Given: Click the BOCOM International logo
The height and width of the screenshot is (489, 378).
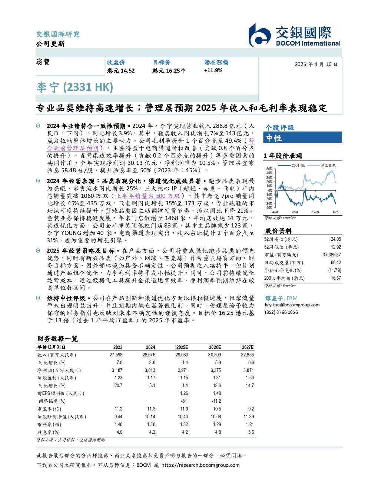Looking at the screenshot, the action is point(294,36).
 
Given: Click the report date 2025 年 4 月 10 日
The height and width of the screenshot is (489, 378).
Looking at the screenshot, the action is point(316,64).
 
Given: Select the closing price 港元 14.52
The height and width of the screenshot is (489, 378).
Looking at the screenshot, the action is point(121,71).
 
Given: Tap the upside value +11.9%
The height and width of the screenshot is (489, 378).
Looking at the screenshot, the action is point(213,71).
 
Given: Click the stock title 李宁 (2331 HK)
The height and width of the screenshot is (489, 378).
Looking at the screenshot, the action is point(75,87).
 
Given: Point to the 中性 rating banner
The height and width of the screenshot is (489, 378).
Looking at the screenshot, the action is point(302,138).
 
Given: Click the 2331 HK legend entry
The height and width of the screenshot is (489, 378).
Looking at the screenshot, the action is point(292,165).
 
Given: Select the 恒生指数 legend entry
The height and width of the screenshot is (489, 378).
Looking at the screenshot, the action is point(322,165).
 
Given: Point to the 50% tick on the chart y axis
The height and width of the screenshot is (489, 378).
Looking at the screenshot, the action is point(269,169).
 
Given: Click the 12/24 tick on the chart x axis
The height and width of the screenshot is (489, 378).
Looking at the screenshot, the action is point(315,212).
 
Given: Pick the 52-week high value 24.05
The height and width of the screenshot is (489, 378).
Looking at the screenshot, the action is point(336,239).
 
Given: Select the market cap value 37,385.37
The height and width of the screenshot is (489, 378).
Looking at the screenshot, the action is point(332,255).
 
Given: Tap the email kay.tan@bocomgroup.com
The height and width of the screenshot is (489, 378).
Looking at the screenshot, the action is point(292,305).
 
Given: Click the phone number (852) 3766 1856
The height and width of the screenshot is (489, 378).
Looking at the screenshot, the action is point(281,312).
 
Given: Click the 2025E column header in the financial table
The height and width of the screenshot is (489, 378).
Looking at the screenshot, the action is point(182,347).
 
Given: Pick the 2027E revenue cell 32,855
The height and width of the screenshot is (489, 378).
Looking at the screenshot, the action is point(247,355).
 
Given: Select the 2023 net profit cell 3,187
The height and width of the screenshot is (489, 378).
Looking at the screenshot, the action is point(117,370).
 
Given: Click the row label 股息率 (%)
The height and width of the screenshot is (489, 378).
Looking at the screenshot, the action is point(49,432).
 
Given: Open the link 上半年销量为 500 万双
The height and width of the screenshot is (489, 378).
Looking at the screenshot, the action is point(148,196).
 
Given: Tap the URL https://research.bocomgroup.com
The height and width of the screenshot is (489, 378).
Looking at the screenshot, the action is point(200,465).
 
